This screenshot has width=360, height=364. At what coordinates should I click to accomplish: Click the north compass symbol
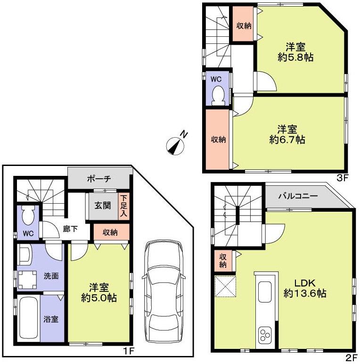pyautogui.click(x=176, y=144)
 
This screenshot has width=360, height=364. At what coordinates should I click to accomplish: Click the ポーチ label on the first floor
pyautogui.click(x=99, y=179)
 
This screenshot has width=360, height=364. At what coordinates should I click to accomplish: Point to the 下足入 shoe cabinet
pyautogui.click(x=123, y=206)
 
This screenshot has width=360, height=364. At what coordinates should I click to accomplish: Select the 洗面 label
pyautogui.click(x=52, y=276)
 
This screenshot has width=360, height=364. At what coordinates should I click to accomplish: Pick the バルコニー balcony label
pyautogui.click(x=297, y=196)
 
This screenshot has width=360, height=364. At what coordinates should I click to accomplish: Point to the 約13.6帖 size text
pyautogui.click(x=304, y=293)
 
